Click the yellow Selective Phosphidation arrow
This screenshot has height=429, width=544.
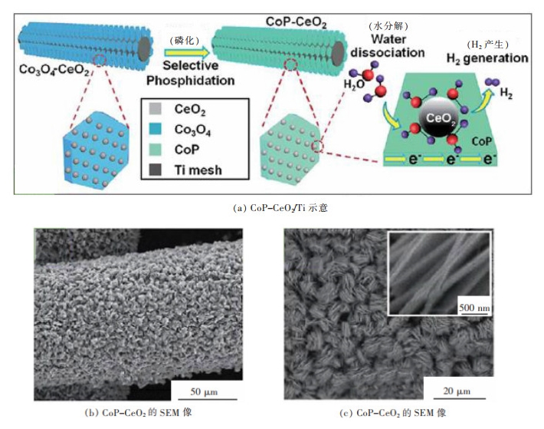[186, 51]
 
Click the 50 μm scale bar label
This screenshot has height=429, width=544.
[204, 393]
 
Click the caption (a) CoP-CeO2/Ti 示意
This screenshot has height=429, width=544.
[272, 206]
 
